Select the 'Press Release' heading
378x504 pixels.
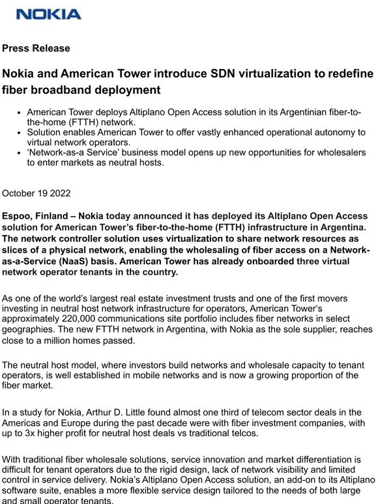(36, 48)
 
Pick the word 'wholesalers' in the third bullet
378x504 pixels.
(338, 152)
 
